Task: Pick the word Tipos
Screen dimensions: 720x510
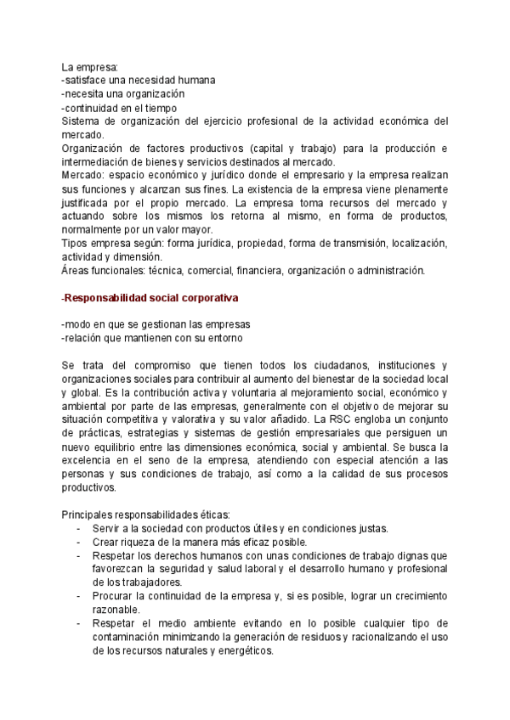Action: [76, 244]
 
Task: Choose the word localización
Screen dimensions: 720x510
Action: [415, 244]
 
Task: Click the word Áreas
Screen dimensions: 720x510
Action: [77, 271]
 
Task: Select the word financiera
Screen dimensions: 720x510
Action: [253, 271]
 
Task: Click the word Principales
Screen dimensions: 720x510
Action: [91, 515]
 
